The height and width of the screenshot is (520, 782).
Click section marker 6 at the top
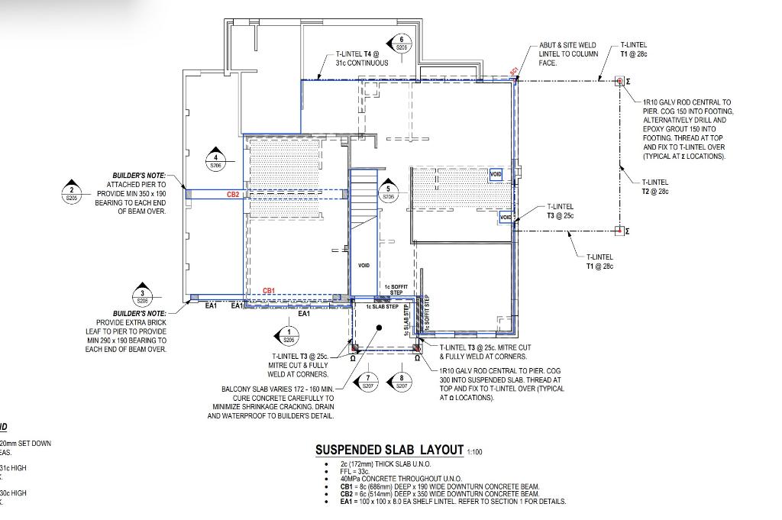[401, 44]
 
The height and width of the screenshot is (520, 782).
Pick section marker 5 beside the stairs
[388, 192]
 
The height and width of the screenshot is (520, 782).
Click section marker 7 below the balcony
[368, 382]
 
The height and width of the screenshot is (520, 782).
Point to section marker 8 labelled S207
[402, 382]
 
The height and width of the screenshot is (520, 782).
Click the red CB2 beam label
[233, 195]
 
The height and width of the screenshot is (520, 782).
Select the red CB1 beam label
[269, 291]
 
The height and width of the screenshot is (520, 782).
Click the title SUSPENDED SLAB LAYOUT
[389, 450]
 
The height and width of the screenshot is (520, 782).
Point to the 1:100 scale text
[474, 452]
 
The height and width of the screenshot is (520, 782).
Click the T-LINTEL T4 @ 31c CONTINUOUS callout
[367, 59]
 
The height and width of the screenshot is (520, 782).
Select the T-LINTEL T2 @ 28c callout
[655, 187]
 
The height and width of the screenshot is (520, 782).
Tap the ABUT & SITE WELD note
[568, 53]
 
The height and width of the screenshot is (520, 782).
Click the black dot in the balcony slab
[380, 327]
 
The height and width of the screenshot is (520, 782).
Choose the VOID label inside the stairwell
[364, 265]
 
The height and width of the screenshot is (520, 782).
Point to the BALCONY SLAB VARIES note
[277, 402]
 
